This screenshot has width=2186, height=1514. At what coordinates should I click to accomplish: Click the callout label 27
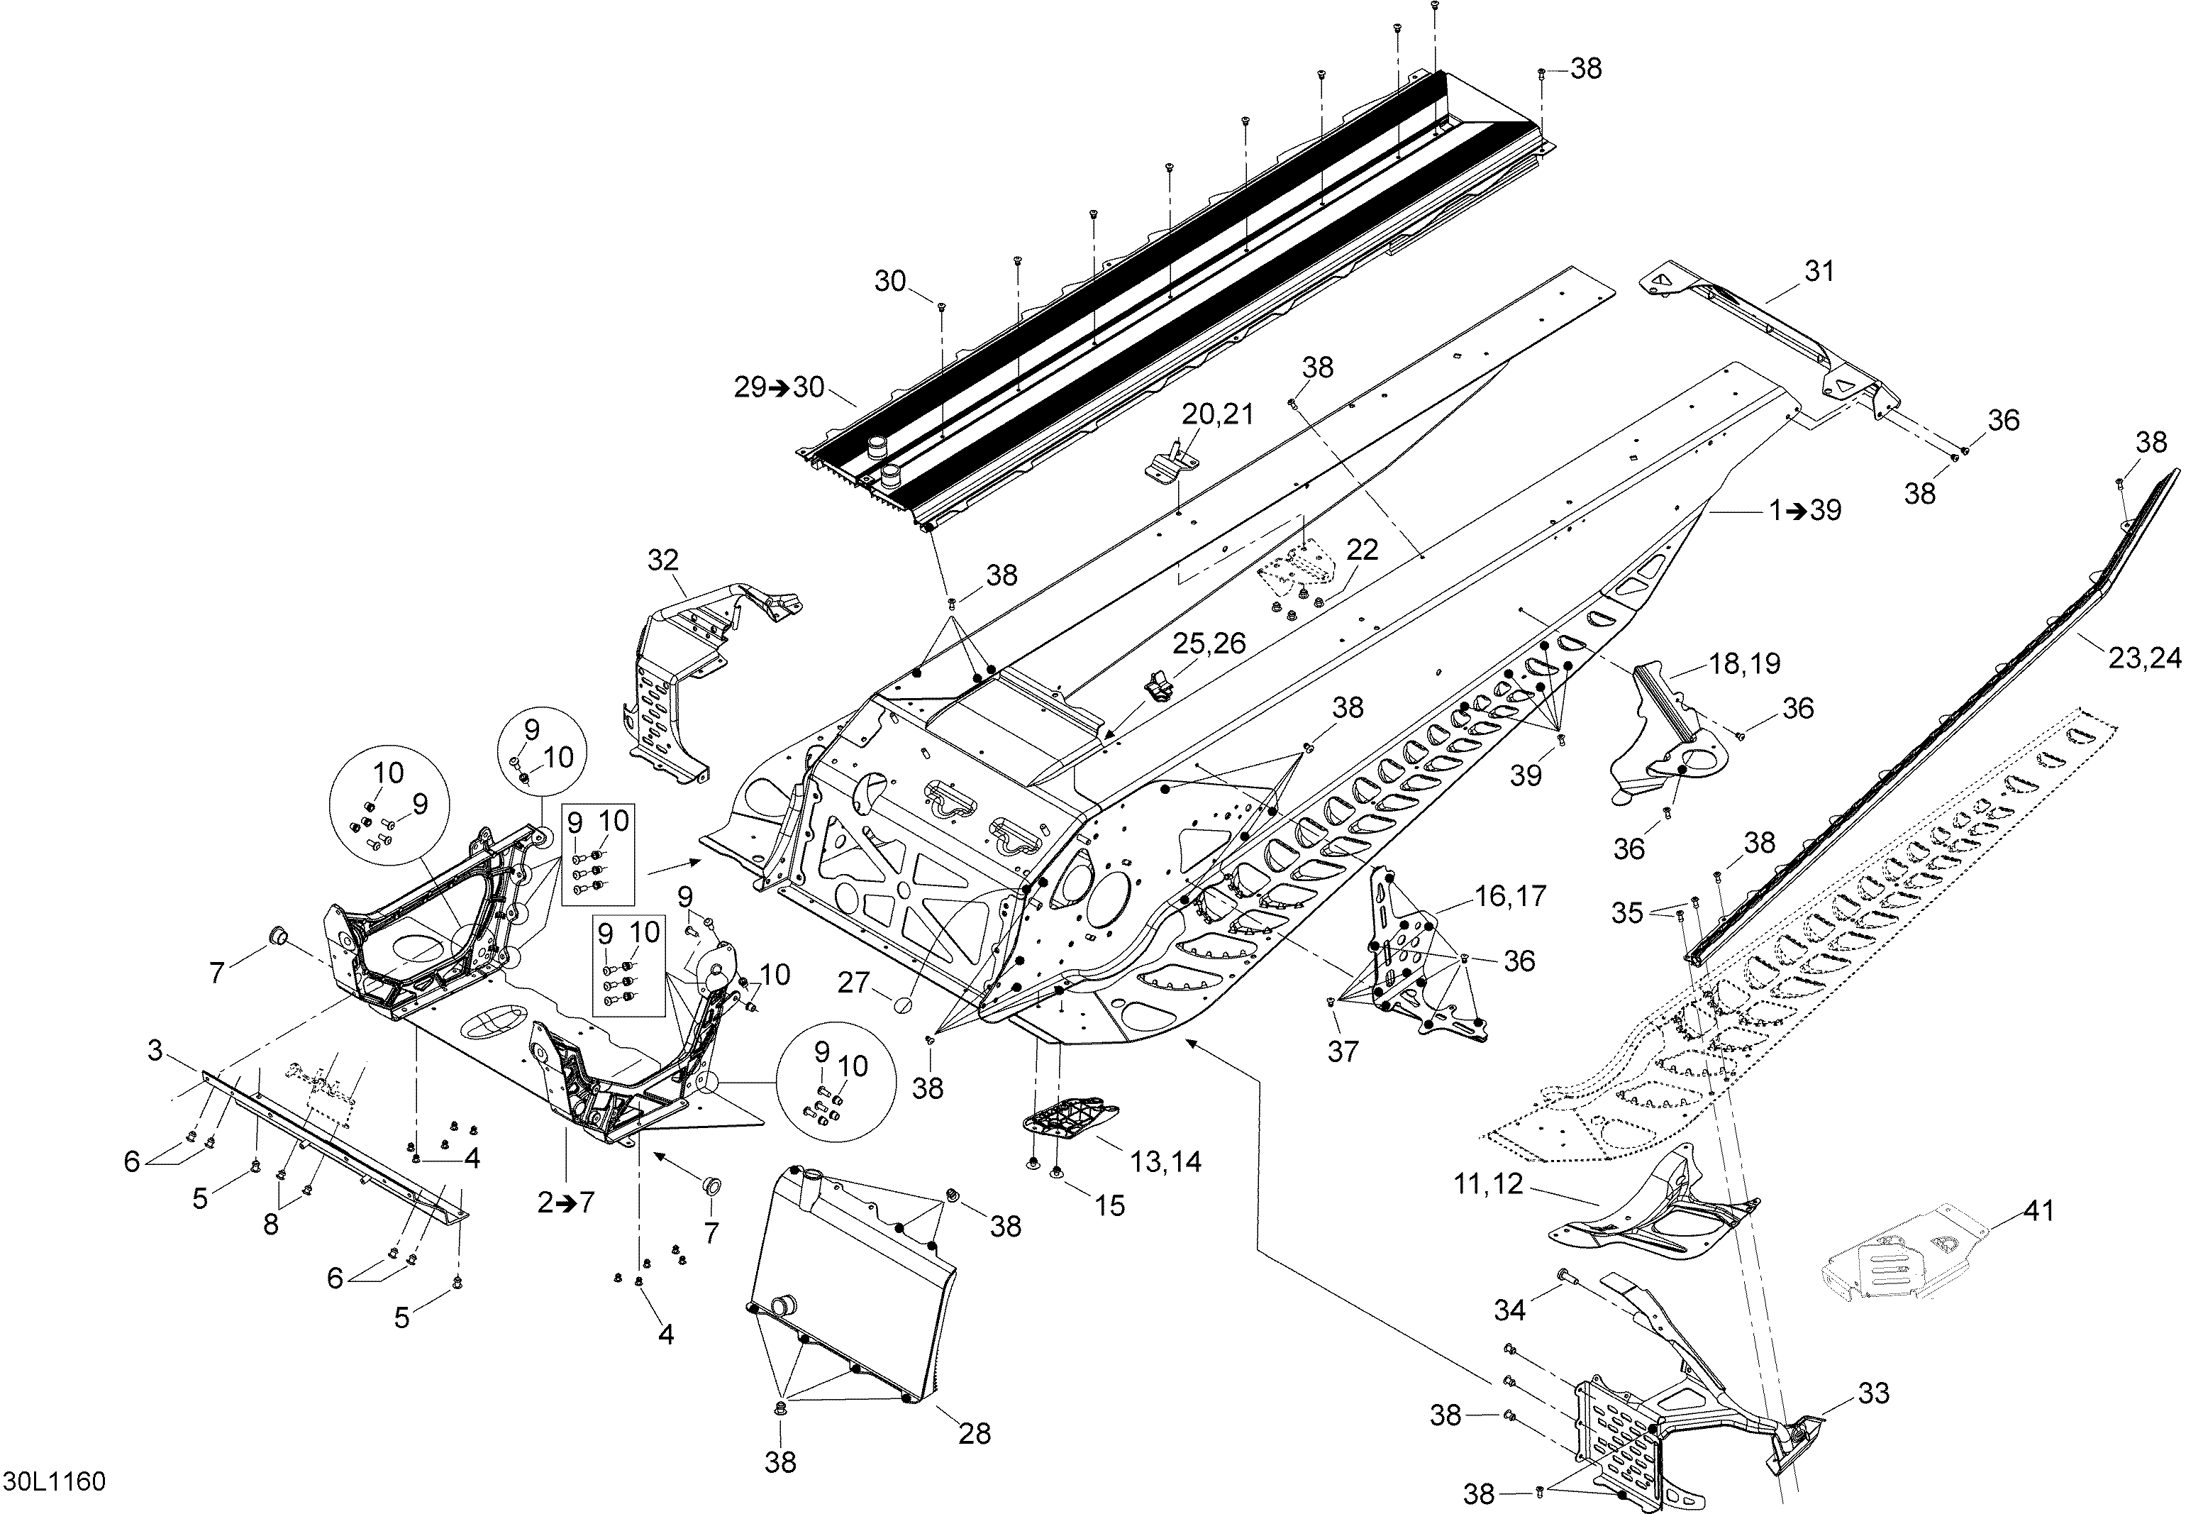coord(853,982)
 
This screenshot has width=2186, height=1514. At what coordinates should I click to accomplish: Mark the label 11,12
coord(1488,1184)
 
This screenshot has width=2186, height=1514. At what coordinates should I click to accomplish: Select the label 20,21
coord(1218,414)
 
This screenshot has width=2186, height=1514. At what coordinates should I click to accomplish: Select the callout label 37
coord(1343,1051)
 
